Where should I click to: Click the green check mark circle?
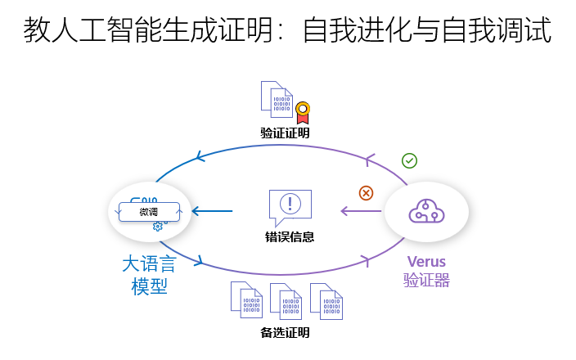point(410,160)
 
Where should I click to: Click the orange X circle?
point(366,193)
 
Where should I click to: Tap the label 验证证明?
point(285,133)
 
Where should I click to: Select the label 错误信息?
point(290,236)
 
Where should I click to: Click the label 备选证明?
point(285,333)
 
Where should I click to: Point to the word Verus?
point(426,262)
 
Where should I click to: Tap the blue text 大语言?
point(150,264)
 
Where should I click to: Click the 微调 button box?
point(149,212)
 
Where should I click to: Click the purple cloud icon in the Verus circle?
point(426,211)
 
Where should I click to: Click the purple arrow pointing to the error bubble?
point(361,212)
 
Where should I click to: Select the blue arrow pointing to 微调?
point(212,212)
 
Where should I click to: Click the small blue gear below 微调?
point(158,227)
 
